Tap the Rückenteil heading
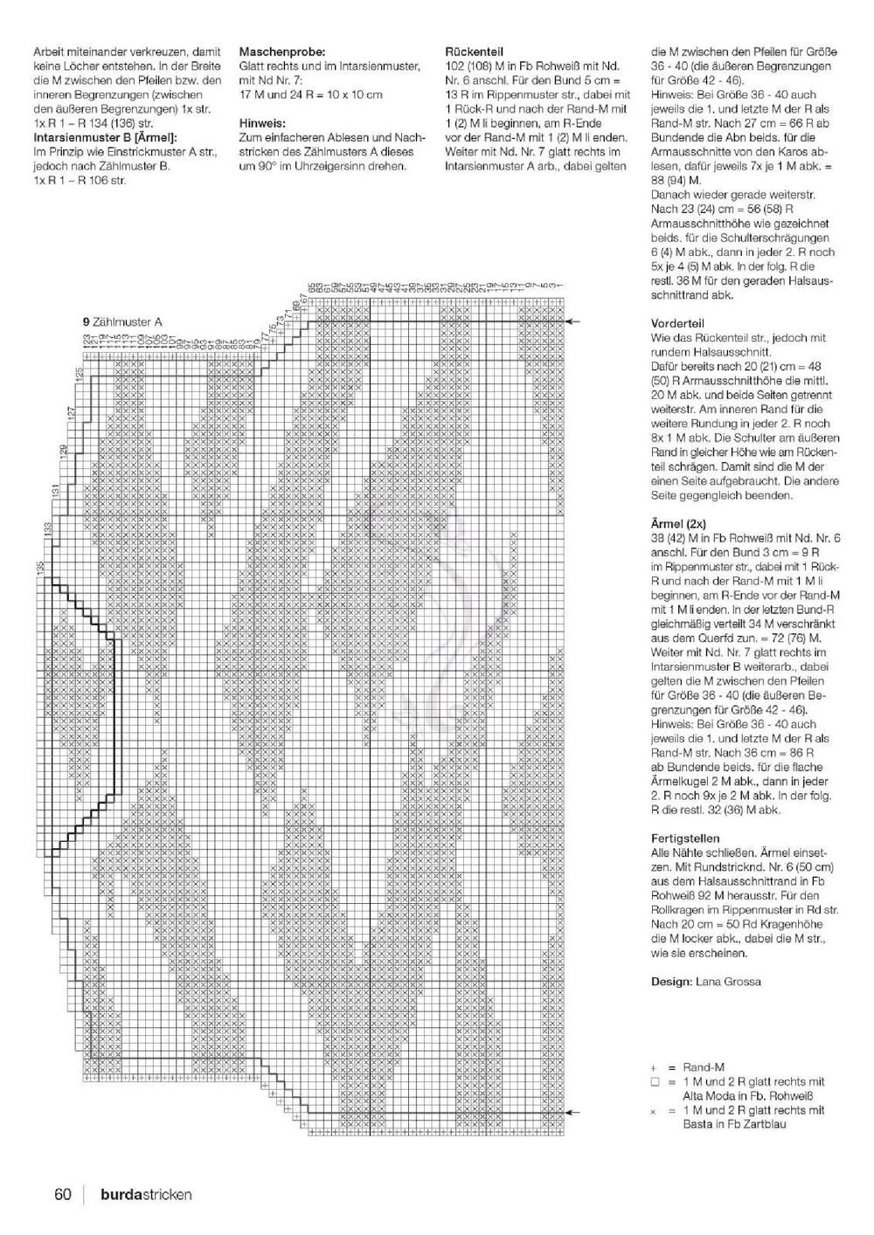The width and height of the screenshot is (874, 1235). coord(474,52)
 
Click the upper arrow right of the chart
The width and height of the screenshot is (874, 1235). coord(572,321)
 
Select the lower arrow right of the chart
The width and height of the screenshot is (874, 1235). coord(572,1113)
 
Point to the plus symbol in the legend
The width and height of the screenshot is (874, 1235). coord(654,1067)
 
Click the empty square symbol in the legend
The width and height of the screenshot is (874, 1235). coord(654,1081)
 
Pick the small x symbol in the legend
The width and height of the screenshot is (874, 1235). coord(654,1110)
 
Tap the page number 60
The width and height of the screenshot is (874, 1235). coord(62,1195)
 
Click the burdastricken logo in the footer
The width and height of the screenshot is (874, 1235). coord(145,1195)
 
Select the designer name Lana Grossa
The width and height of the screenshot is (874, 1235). coord(728,982)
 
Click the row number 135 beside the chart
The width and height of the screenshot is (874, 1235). coord(40,568)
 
